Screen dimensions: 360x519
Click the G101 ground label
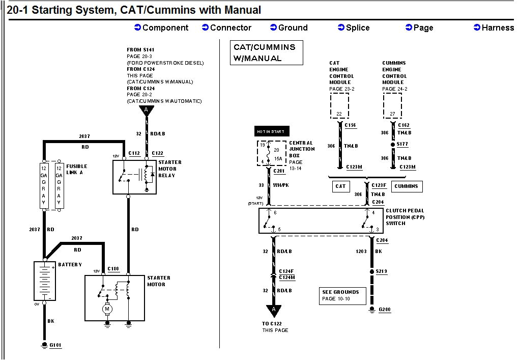(x=55, y=345)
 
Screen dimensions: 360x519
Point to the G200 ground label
(x=385, y=309)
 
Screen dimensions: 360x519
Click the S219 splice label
(x=381, y=271)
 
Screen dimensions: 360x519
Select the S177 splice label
(x=402, y=145)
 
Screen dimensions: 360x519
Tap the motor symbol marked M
(x=107, y=309)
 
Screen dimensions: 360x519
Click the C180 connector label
(x=113, y=268)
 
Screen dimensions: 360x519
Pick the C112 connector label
(x=134, y=153)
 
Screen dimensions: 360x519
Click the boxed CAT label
(x=340, y=186)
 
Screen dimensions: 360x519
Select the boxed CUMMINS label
(x=406, y=186)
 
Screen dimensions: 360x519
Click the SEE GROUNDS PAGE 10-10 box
(x=343, y=295)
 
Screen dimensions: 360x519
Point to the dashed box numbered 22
(x=339, y=106)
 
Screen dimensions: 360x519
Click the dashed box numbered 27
(x=392, y=106)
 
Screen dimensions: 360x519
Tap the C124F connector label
(x=286, y=271)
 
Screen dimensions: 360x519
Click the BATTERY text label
(x=70, y=265)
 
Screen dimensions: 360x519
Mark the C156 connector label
(x=350, y=125)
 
